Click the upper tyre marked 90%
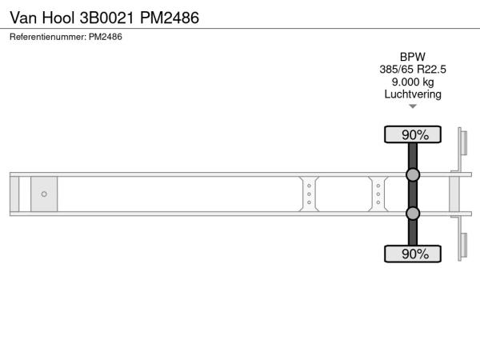click(413, 134)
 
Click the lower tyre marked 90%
click(413, 254)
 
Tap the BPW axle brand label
click(413, 57)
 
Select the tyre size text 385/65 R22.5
click(413, 70)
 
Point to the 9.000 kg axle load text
click(413, 82)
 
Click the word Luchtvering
click(413, 94)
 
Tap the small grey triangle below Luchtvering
click(413, 106)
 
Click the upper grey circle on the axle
click(413, 174)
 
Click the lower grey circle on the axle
click(413, 214)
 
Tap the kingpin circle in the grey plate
click(44, 194)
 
